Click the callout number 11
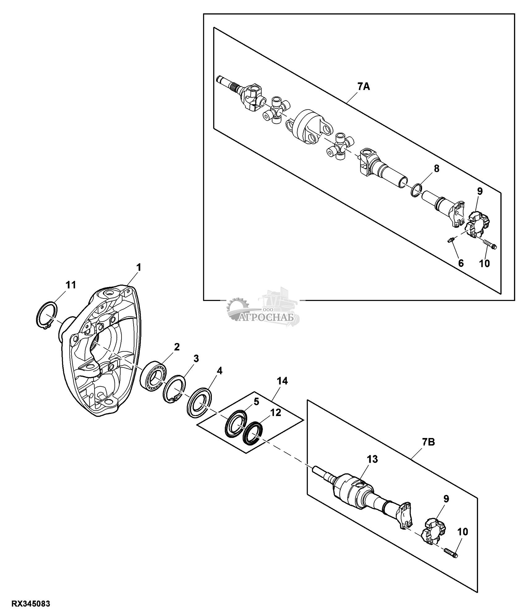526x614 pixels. click(x=71, y=285)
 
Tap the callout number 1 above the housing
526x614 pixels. click(x=139, y=267)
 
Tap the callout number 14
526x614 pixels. click(x=282, y=381)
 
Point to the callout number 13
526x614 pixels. click(x=372, y=468)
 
